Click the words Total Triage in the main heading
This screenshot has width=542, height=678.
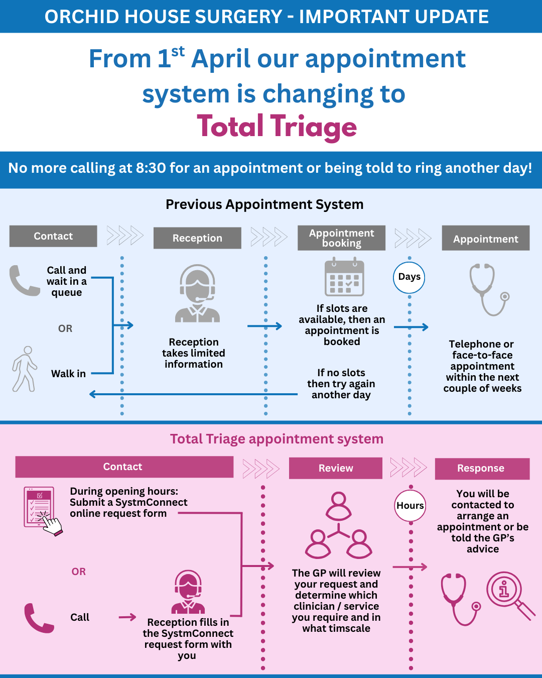tap(277, 127)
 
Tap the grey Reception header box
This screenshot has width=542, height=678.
tap(197, 238)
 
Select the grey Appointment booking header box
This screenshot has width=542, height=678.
tap(341, 238)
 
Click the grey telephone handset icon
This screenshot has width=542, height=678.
tap(25, 280)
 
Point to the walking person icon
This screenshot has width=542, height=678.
tap(25, 369)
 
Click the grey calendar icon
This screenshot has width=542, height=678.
tap(344, 277)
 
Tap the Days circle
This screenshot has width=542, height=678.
tap(409, 277)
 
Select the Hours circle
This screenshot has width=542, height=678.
tap(410, 505)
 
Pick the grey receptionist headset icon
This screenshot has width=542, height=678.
tap(197, 293)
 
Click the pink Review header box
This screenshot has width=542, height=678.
tap(336, 468)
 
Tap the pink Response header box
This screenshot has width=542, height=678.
tap(482, 469)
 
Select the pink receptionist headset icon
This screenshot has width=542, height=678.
tap(188, 592)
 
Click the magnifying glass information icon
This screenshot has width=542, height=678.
tap(510, 596)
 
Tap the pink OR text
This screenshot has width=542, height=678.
tap(78, 572)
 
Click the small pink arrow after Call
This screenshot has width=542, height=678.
tap(127, 617)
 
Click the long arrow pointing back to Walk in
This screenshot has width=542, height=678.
tap(193, 394)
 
